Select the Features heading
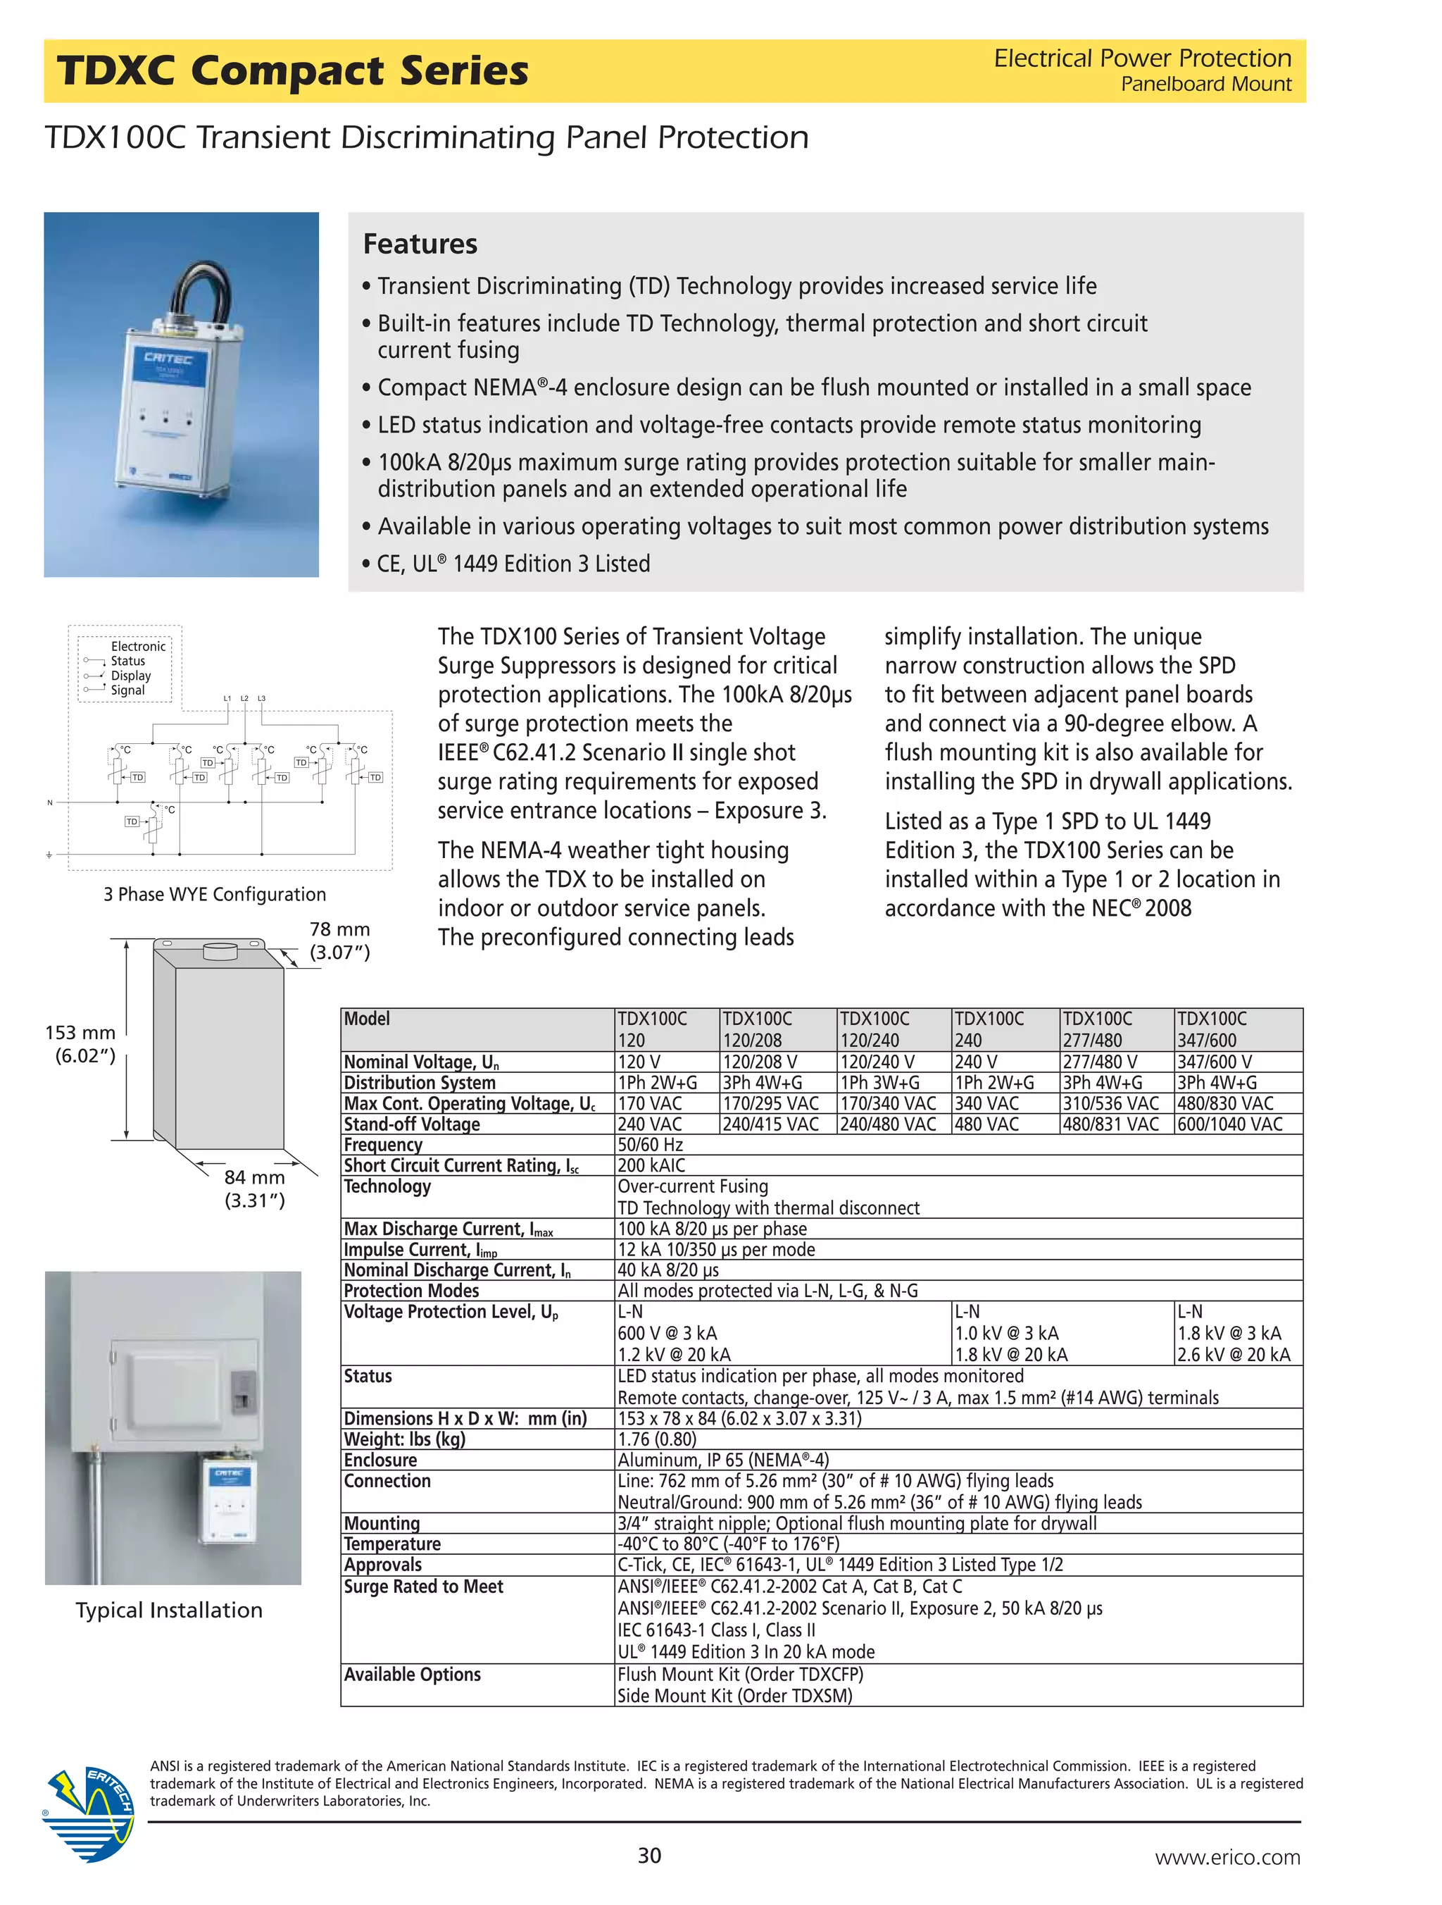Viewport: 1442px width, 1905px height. point(420,244)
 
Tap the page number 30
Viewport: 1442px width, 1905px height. point(649,1855)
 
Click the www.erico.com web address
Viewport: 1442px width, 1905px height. point(1227,1857)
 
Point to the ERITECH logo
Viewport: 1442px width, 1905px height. point(89,1812)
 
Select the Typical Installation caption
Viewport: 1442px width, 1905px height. point(169,1611)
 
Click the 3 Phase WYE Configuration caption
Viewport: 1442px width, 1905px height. point(214,894)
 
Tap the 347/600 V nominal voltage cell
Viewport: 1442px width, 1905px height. point(1214,1062)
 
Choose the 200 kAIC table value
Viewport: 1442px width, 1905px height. point(651,1165)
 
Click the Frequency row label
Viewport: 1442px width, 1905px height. point(383,1145)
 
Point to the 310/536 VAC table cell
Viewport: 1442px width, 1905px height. point(1110,1103)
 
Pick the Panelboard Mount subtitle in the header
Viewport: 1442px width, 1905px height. point(1205,85)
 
